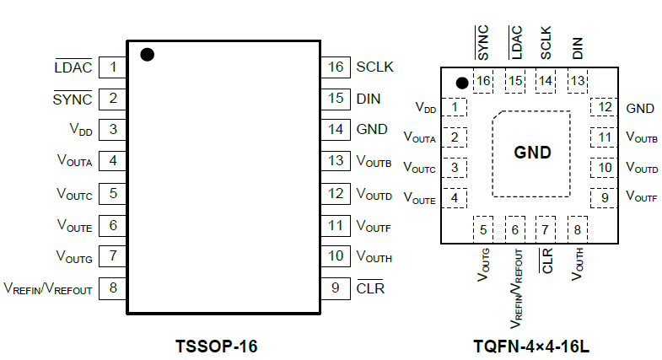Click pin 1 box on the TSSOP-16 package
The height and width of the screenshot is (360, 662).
[112, 67]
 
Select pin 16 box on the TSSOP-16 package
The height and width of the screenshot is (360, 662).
[336, 67]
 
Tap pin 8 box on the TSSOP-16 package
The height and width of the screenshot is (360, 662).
[112, 287]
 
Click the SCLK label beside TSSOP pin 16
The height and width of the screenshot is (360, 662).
[375, 67]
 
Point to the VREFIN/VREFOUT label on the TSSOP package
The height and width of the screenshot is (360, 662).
[48, 288]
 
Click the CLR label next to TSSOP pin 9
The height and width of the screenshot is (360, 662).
[370, 287]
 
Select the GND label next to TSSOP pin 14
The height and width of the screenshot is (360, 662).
[372, 130]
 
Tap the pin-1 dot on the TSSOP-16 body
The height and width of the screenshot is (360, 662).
[147, 55]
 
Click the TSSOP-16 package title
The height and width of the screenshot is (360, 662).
[216, 346]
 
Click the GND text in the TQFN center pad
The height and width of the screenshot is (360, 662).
[532, 153]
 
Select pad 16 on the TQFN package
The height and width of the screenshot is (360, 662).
[483, 81]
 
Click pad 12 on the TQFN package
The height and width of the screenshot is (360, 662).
[604, 107]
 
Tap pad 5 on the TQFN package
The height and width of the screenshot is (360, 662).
[483, 228]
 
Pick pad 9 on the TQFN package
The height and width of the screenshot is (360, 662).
[604, 198]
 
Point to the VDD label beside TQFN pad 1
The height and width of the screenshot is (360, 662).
[426, 108]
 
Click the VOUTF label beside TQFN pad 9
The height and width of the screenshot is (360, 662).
[642, 198]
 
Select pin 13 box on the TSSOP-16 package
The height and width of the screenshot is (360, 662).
[336, 161]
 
